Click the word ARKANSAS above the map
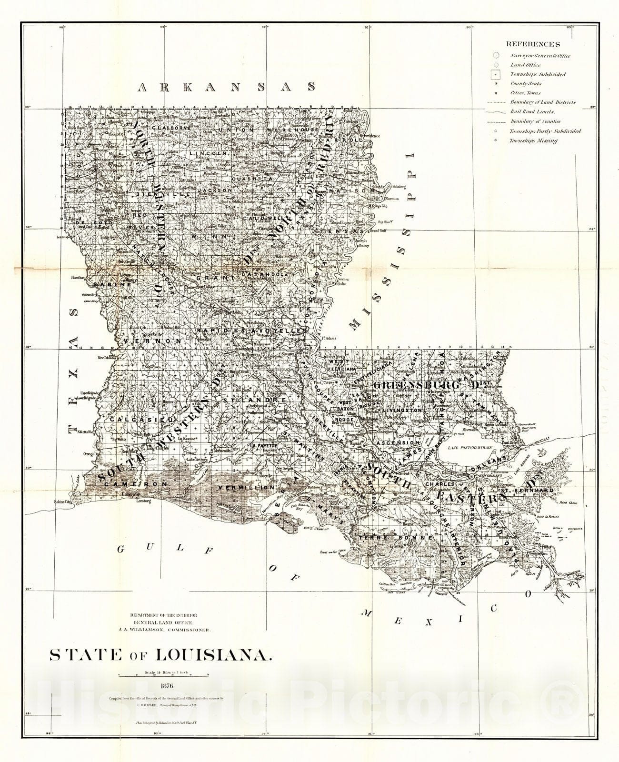click(x=227, y=87)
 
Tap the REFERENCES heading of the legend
click(x=533, y=44)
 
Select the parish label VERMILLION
click(x=246, y=488)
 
